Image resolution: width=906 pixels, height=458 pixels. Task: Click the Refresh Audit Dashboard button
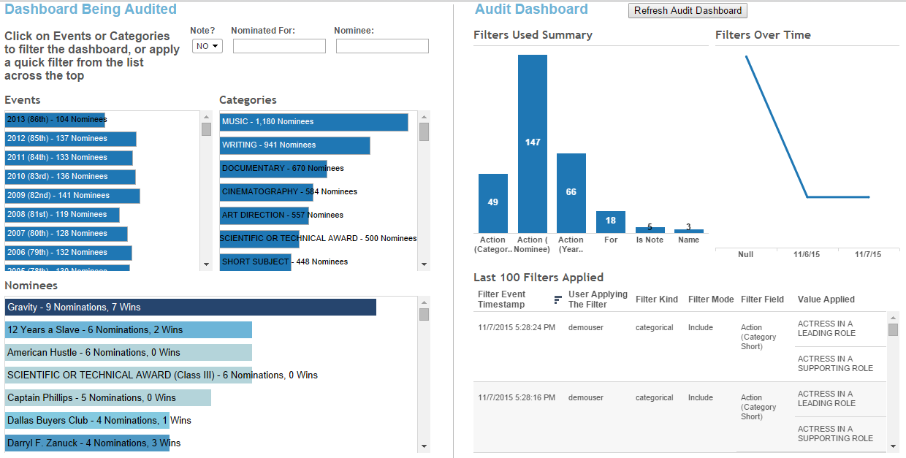tap(688, 11)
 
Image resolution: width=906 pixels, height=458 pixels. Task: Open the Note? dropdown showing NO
tap(207, 46)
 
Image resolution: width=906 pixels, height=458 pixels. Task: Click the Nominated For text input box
tap(279, 46)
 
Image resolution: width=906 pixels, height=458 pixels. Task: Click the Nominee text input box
tap(382, 46)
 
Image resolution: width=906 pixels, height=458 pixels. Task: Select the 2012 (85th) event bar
tap(70, 139)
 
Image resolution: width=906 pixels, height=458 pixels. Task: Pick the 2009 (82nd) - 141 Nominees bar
tap(72, 196)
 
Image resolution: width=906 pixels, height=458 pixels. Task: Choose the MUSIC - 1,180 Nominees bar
tap(313, 122)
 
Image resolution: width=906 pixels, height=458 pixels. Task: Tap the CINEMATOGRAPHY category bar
tap(266, 192)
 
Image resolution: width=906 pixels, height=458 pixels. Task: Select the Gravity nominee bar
tap(190, 308)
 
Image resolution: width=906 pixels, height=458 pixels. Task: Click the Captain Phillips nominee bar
tap(108, 398)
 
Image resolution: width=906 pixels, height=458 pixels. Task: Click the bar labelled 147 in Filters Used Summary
tap(533, 143)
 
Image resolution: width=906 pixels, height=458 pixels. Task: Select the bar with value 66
tap(571, 193)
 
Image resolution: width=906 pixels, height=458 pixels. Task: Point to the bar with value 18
tap(610, 222)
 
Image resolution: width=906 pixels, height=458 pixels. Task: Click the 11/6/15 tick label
tap(807, 255)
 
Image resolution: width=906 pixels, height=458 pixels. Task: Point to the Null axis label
tap(745, 255)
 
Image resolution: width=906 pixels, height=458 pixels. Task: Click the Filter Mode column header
tap(710, 299)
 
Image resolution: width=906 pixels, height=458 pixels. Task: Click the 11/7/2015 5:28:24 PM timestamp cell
tap(516, 328)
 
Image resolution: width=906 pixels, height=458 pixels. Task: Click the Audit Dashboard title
tap(531, 9)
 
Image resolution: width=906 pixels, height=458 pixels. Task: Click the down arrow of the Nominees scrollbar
tap(424, 446)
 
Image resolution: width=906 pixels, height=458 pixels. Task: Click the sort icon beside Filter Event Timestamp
tap(558, 299)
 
